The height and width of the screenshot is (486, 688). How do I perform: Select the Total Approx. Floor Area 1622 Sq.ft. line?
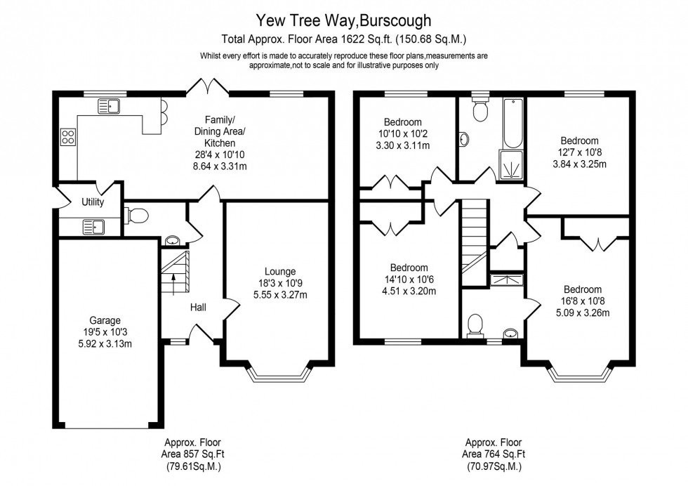343,39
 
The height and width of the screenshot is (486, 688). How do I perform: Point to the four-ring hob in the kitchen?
68,138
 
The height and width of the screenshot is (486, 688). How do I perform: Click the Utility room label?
93,203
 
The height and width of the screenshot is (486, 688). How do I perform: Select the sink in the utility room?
93,226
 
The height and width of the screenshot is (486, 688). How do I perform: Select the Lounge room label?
279,271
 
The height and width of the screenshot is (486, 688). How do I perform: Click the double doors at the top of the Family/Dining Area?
208,88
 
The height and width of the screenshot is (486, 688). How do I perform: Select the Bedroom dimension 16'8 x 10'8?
581,301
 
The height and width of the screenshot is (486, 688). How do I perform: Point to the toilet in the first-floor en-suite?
475,325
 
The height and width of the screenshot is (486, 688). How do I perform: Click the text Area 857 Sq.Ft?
192,454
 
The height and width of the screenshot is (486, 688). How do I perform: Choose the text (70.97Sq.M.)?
493,466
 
